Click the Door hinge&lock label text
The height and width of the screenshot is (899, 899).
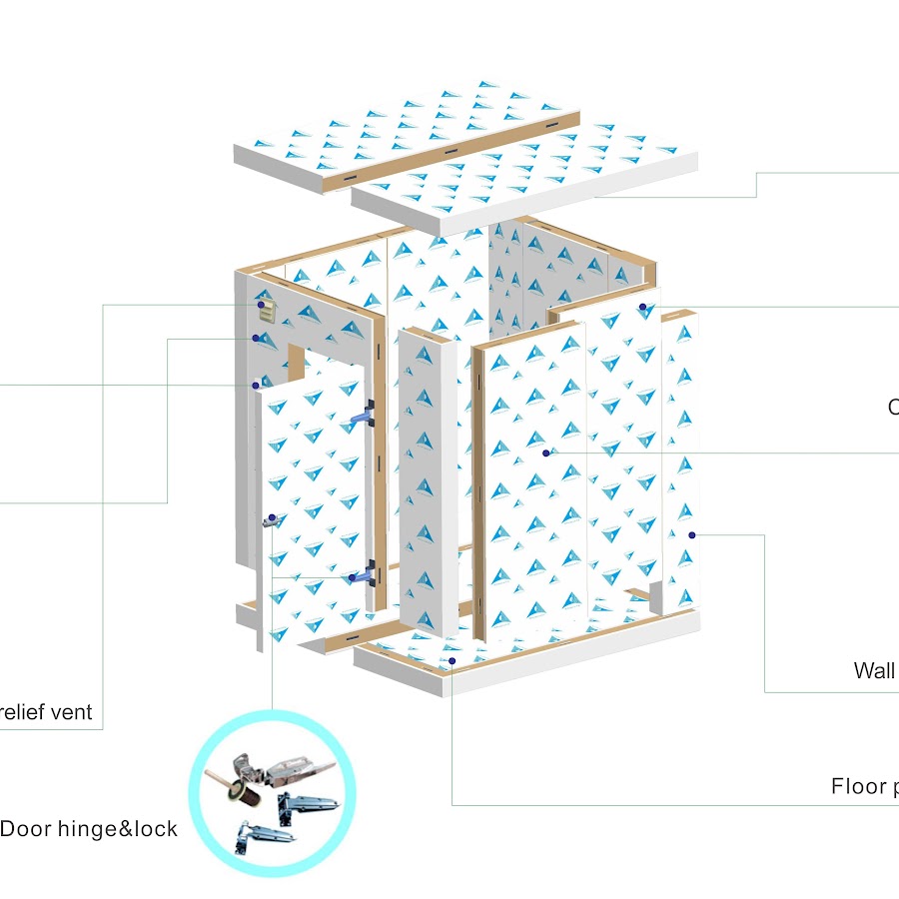coord(89,829)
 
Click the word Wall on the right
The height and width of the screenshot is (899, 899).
coord(874,670)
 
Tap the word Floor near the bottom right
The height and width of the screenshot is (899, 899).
coord(858,786)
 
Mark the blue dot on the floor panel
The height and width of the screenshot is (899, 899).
coord(452,661)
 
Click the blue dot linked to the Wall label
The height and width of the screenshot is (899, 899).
coord(690,534)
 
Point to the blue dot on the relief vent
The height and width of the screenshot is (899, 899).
coord(261,304)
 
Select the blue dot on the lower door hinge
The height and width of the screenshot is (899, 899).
coord(352,577)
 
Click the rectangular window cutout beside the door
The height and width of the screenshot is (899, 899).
coord(297,362)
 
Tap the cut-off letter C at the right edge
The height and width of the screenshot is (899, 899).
coord(893,408)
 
